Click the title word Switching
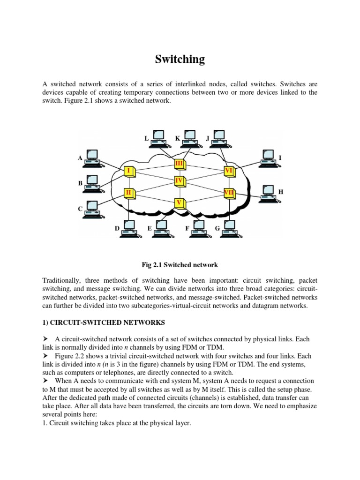(x=180, y=59)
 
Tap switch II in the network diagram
(x=128, y=192)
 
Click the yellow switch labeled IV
(x=179, y=180)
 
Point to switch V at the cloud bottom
(x=179, y=203)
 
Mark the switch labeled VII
(x=229, y=192)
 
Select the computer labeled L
(x=158, y=135)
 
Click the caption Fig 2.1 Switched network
(x=180, y=265)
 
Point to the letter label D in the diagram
(x=117, y=228)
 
